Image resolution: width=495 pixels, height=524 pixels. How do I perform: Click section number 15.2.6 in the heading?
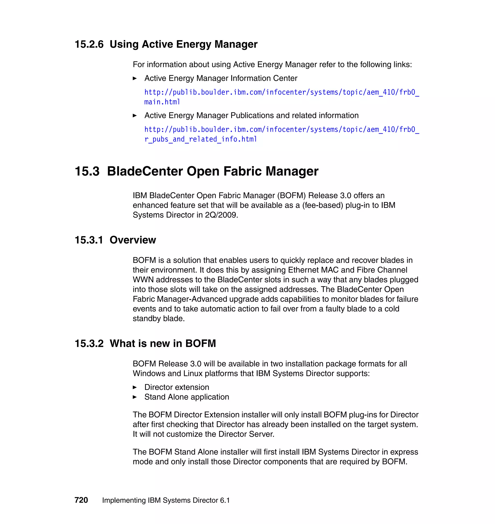(89, 44)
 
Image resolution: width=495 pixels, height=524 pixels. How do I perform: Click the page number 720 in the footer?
(81, 500)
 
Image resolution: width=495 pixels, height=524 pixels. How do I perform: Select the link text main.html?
(162, 102)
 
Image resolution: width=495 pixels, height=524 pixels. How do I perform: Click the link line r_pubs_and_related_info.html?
(201, 139)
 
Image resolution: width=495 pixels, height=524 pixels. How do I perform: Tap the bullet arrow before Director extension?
(135, 387)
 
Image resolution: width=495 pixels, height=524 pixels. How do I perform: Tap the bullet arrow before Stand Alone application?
(135, 397)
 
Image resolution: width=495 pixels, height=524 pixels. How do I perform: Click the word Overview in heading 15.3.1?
(133, 240)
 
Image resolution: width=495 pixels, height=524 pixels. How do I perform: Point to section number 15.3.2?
(89, 343)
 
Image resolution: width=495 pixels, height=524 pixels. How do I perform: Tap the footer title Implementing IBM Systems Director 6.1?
(166, 500)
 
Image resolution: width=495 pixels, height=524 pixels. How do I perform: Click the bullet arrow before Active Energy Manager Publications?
(135, 116)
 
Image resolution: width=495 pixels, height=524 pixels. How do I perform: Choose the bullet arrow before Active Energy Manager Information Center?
(135, 78)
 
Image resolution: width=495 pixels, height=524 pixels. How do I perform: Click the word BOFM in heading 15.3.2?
(200, 343)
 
